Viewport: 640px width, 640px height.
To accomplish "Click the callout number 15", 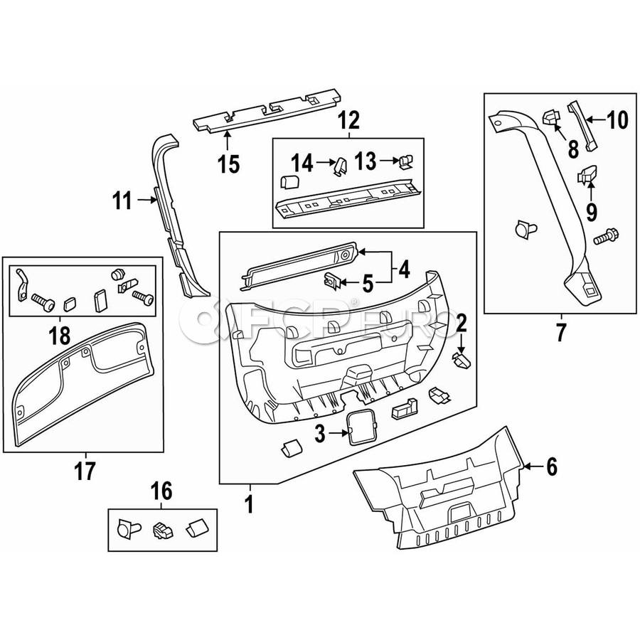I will [x=228, y=164].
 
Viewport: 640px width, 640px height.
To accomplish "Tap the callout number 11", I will [x=122, y=201].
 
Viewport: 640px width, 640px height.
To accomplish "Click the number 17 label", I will [x=85, y=470].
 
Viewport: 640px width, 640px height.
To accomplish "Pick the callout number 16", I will [x=161, y=491].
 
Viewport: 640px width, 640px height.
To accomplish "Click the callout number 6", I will [x=551, y=467].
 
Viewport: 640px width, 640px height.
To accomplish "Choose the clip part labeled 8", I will [x=550, y=119].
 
